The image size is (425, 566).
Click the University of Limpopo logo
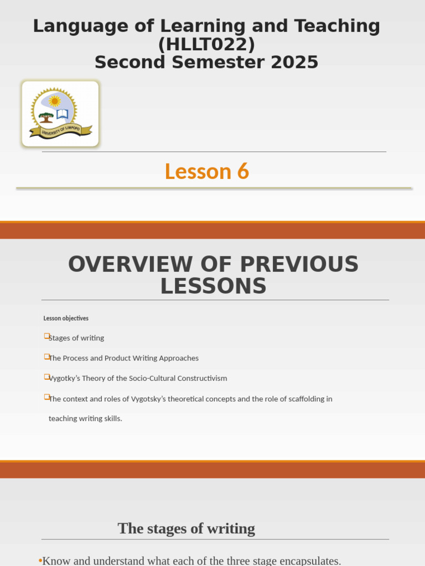60,114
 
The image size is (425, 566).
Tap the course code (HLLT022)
206,44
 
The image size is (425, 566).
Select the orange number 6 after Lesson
243,171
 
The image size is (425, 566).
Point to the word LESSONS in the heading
213,286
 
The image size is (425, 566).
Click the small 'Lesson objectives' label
66,318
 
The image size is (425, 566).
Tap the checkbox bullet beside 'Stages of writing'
46,336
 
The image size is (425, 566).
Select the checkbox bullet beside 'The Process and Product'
46,357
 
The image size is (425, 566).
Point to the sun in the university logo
54,101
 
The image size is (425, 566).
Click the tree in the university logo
46,117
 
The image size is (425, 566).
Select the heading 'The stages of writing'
186,528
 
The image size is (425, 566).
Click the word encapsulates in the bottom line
305,560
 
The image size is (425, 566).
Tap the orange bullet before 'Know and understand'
40,561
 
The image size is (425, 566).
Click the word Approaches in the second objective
178,358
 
